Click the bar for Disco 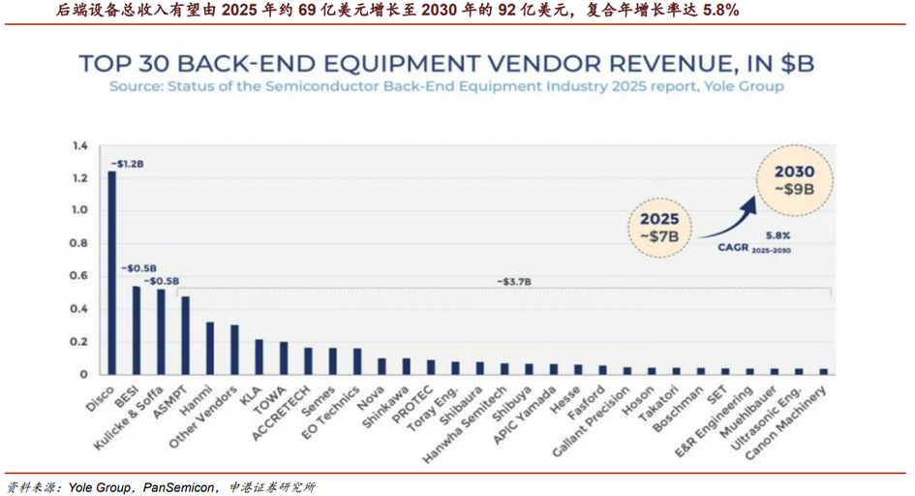(111, 272)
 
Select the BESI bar (137, 329)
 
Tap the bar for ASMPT (185, 335)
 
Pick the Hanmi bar (210, 348)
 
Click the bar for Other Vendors (234, 349)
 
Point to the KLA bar (259, 356)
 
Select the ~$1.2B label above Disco (127, 164)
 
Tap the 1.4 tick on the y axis (80, 146)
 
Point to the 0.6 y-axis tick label (80, 276)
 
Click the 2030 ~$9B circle (794, 181)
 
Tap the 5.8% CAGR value (778, 235)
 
